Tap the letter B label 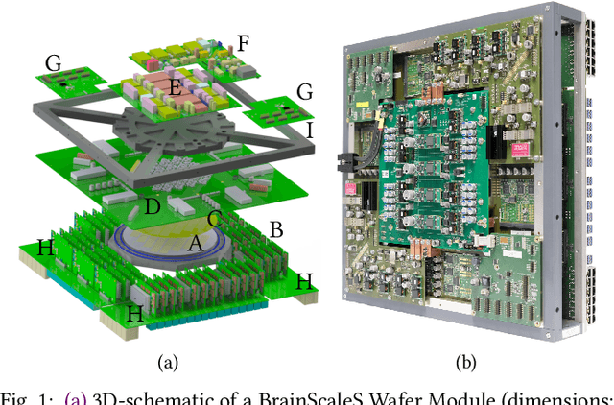[x=277, y=230]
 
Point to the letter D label [x=151, y=206]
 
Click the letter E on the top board [x=175, y=87]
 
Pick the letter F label [x=243, y=42]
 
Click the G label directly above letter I [x=305, y=92]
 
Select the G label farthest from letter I [x=53, y=63]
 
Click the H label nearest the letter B [x=304, y=281]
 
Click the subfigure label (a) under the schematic [x=167, y=363]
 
